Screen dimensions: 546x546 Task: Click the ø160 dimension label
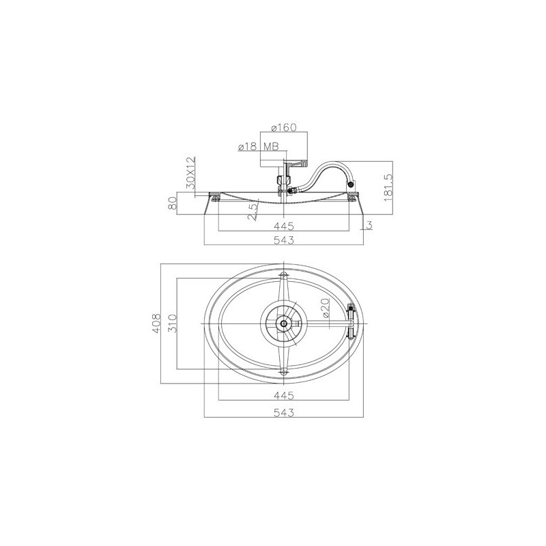(284, 128)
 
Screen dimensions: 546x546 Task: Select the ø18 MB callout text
(259, 147)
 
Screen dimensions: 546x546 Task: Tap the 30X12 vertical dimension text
(191, 173)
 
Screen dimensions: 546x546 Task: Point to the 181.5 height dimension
(388, 188)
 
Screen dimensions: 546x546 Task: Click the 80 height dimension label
(173, 203)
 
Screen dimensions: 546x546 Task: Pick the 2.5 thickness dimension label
(253, 212)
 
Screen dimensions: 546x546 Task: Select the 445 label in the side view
(284, 227)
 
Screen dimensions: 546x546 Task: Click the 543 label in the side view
(284, 240)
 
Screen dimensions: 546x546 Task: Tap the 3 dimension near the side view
(369, 225)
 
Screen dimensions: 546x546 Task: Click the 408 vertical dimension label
(156, 324)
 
